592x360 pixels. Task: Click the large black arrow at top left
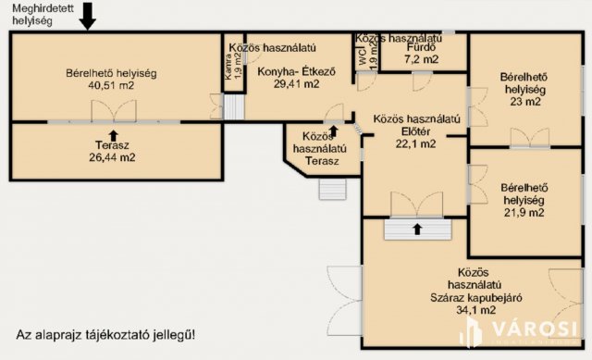pos(86,15)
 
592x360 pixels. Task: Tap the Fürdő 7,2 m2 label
pos(421,58)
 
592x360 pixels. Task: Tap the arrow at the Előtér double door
pos(416,227)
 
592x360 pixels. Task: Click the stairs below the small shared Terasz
pos(331,189)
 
